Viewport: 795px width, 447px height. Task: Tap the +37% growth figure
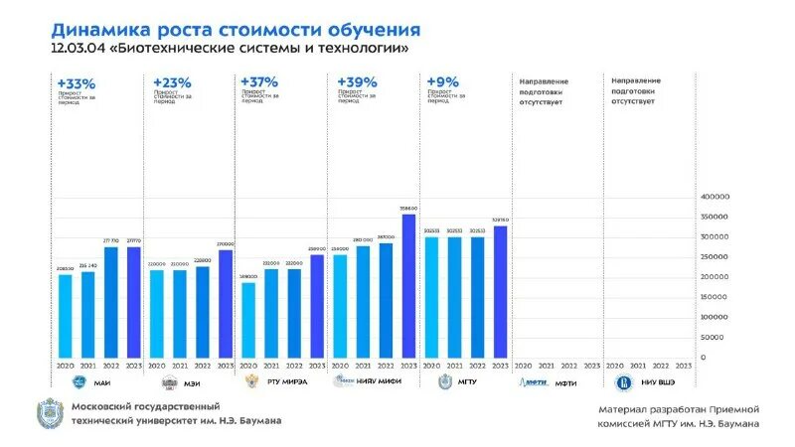click(258, 82)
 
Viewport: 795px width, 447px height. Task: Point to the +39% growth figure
click(357, 82)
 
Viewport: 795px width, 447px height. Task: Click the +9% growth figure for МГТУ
click(441, 82)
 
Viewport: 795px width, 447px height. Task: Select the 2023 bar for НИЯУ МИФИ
click(408, 286)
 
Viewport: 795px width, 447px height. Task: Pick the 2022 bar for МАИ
click(110, 302)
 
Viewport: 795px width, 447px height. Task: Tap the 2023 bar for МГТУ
click(500, 292)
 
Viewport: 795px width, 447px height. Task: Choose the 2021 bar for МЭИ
click(180, 314)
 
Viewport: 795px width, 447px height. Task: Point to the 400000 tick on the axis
click(715, 197)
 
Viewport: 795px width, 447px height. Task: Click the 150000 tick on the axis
click(715, 297)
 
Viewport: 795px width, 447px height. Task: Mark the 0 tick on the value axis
click(704, 358)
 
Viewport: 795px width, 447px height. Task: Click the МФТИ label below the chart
click(566, 382)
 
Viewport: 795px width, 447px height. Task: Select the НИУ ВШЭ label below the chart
click(658, 382)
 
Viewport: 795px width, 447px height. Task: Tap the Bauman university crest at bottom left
click(49, 413)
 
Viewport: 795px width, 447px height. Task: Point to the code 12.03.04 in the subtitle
click(79, 49)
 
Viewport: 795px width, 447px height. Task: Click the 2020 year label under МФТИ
click(523, 366)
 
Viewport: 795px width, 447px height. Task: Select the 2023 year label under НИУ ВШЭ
click(684, 366)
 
